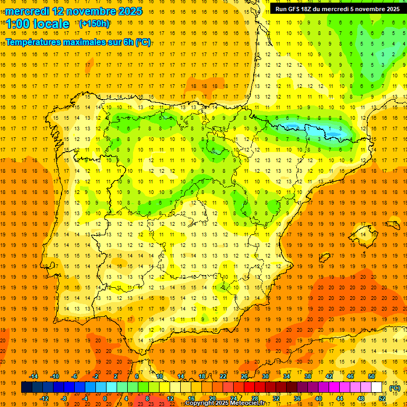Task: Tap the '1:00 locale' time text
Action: tap(38, 24)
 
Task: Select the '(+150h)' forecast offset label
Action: tap(94, 24)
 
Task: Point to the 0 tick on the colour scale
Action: tap(104, 399)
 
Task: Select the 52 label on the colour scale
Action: tap(382, 399)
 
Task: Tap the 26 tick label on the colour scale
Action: tap(244, 376)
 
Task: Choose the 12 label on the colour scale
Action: tap(170, 399)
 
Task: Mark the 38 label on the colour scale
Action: tap(307, 376)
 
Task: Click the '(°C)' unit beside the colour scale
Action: tap(395, 388)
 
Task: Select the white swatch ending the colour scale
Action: tap(377, 387)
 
